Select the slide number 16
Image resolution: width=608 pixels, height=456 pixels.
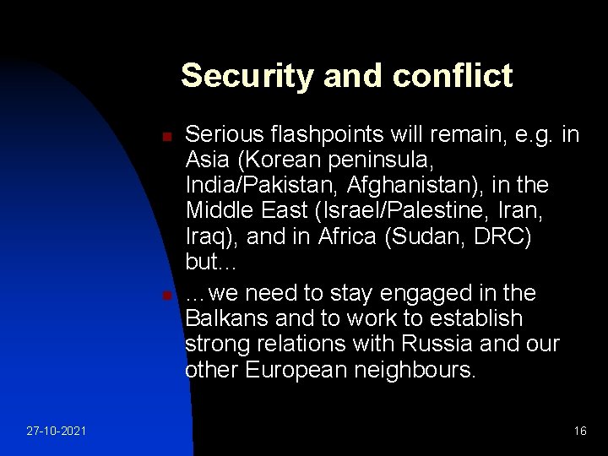click(579, 431)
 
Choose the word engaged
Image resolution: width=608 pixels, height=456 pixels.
click(409, 294)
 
